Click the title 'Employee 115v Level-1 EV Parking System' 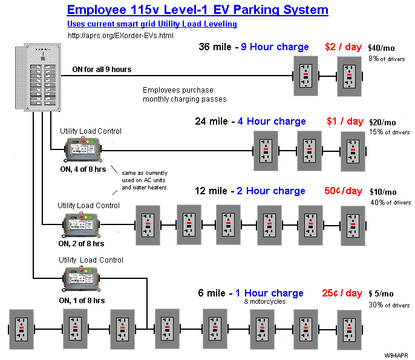click(197, 10)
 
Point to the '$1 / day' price click(345, 122)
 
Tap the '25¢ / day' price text click(342, 293)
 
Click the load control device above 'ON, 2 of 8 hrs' click(81, 224)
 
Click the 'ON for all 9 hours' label click(101, 70)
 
